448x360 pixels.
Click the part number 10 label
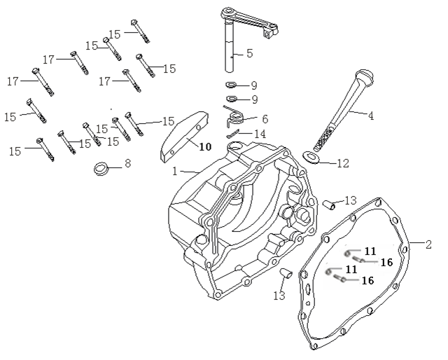pyautogui.click(x=204, y=146)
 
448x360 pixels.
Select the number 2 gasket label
pyautogui.click(x=428, y=244)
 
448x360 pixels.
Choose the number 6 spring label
pyautogui.click(x=264, y=119)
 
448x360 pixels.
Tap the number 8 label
pyautogui.click(x=127, y=164)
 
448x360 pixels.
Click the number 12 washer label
pyautogui.click(x=342, y=164)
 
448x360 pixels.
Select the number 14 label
pyautogui.click(x=260, y=133)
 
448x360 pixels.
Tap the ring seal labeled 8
pyautogui.click(x=102, y=169)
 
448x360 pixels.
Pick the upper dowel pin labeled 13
pyautogui.click(x=327, y=205)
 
